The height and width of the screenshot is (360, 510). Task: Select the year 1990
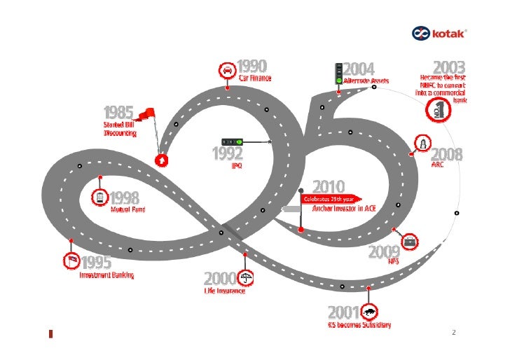point(252,67)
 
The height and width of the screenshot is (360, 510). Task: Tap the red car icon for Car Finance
point(227,71)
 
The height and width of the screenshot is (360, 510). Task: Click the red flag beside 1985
point(146,113)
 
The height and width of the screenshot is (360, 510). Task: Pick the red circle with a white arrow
point(162,160)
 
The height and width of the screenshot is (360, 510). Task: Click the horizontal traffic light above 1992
point(233,141)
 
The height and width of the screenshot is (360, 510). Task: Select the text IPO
point(236,165)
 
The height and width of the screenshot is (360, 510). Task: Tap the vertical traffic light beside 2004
point(338,73)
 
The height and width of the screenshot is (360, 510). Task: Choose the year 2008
point(446,154)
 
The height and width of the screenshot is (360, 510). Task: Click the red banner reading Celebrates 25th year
point(330,198)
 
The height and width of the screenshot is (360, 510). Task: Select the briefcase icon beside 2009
point(411,242)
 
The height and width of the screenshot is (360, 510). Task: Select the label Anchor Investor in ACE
point(338,208)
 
